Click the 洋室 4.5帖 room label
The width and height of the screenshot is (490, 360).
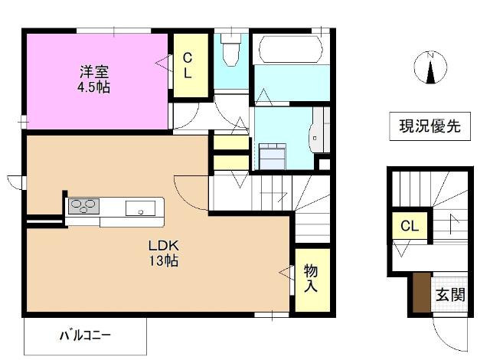tap(93, 79)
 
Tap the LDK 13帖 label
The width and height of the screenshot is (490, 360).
tap(163, 254)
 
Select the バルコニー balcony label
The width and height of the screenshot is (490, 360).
tap(85, 335)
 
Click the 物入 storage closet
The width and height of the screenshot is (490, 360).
tap(312, 279)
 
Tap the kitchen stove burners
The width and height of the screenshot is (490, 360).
tap(84, 206)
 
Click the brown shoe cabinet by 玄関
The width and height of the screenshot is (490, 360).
tap(420, 292)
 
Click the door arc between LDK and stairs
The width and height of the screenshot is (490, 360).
tap(191, 190)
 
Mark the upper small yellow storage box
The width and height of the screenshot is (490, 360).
tap(230, 142)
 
